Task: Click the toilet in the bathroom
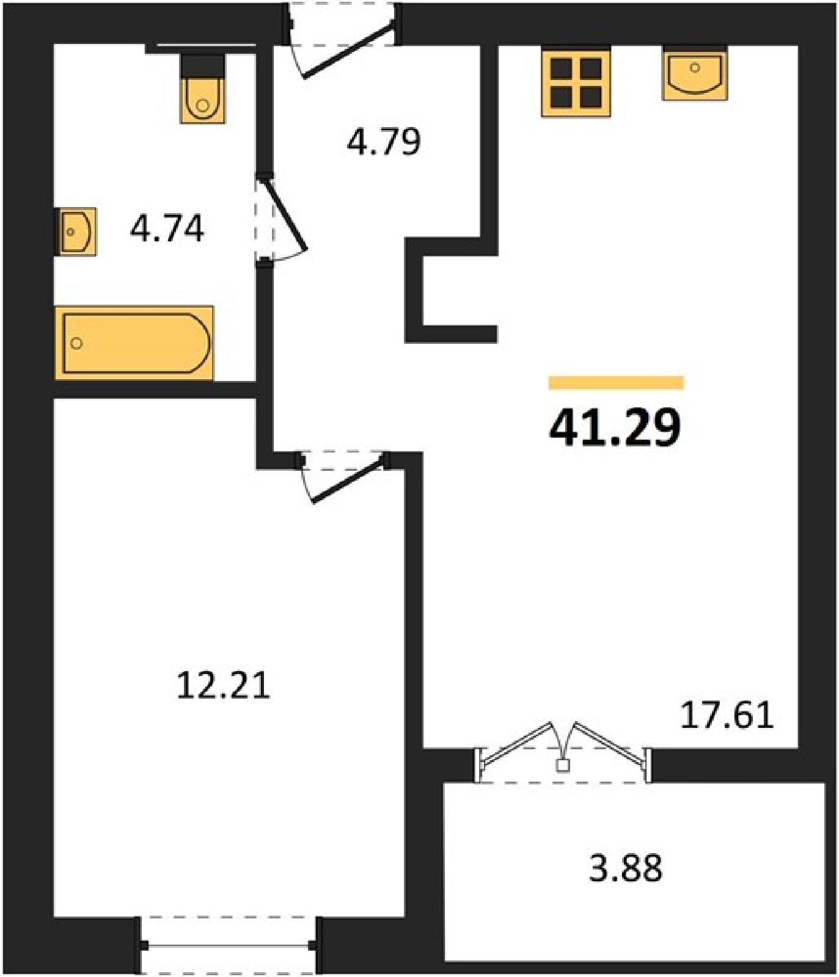pos(203,89)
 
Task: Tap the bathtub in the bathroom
pos(134,343)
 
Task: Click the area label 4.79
pos(384,142)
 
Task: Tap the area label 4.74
pos(167,229)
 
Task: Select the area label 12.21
pos(223,685)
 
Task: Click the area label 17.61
pos(727,715)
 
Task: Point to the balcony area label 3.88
pos(625,868)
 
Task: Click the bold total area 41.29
pos(615,427)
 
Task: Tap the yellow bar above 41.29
pos(616,383)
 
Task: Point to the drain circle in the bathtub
pos(76,343)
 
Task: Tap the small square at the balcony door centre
pos(563,765)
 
